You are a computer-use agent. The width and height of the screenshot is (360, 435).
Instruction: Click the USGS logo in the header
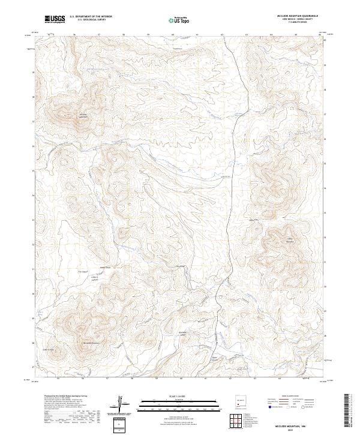click(55, 19)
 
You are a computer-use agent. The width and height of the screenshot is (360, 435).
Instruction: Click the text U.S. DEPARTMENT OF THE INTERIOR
click(91, 17)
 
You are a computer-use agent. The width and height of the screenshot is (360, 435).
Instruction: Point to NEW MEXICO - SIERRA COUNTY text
click(304, 20)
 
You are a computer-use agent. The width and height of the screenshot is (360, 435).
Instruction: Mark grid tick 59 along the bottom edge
click(156, 379)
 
